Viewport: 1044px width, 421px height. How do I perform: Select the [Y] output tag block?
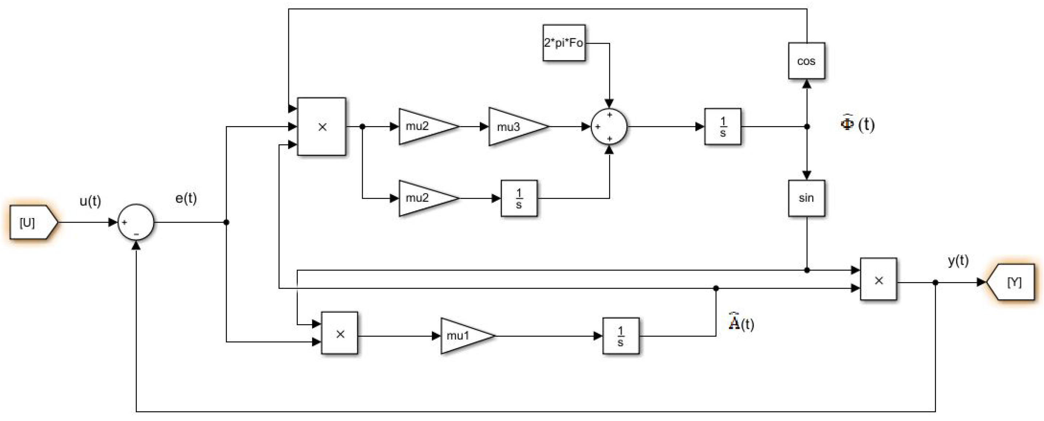tap(1011, 282)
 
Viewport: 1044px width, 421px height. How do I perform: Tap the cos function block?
tap(806, 61)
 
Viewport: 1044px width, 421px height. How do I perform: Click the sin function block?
tap(806, 198)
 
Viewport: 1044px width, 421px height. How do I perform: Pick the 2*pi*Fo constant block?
tap(564, 43)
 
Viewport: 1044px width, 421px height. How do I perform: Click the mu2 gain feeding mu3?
tap(424, 126)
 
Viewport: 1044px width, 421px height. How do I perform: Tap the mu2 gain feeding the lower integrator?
tap(424, 198)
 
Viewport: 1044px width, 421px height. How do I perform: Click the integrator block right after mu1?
tap(620, 336)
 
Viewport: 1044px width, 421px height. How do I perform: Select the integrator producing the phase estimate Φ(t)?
tap(723, 126)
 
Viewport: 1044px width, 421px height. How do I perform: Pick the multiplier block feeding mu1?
tap(340, 333)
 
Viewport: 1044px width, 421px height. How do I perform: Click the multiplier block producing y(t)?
tap(878, 279)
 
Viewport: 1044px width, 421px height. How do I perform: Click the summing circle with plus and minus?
tap(136, 222)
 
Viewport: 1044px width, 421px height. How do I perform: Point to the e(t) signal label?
tap(186, 198)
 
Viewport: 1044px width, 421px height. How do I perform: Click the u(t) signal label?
tap(90, 201)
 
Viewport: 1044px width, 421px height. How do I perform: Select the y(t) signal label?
tap(958, 260)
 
